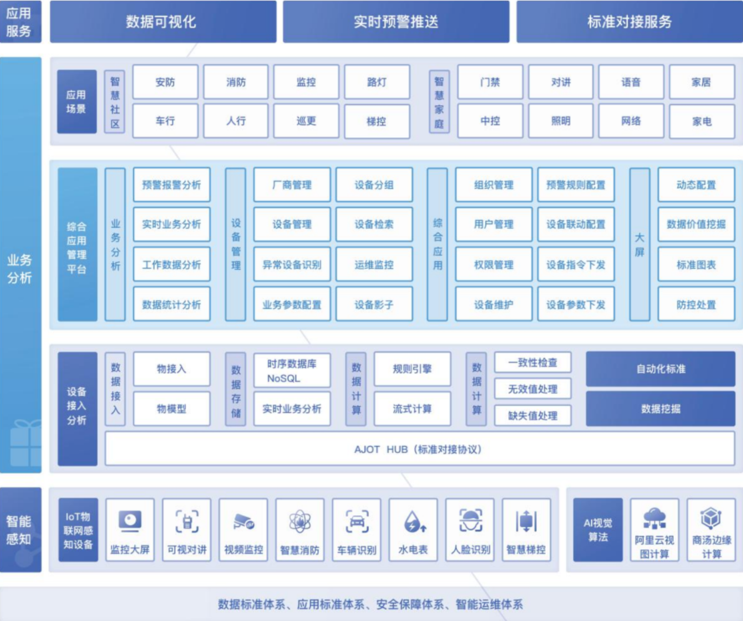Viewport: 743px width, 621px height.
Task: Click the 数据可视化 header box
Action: [x=163, y=22]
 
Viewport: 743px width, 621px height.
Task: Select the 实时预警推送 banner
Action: [x=396, y=22]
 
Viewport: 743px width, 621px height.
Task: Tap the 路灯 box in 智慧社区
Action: [x=377, y=82]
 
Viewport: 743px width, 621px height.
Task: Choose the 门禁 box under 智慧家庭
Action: [x=490, y=82]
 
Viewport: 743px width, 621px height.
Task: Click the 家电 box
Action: [x=701, y=122]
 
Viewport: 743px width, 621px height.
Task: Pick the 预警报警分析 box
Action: [x=172, y=185]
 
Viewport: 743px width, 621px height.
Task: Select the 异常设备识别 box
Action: [x=292, y=265]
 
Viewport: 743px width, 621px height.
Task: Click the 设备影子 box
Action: [x=374, y=305]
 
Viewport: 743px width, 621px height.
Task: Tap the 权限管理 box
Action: [x=493, y=265]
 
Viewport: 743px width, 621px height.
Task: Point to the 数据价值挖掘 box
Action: [x=696, y=224]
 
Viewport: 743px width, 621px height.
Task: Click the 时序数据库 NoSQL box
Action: [x=292, y=370]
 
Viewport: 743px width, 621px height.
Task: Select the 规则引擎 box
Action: [x=412, y=369]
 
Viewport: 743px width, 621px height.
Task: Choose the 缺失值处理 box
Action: [x=532, y=415]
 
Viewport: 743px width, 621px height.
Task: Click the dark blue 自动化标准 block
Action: [x=661, y=369]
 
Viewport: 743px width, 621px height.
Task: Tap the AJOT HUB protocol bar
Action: [x=420, y=449]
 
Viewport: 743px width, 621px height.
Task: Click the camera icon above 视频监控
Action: [x=244, y=522]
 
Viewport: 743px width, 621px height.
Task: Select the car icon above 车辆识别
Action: [x=357, y=522]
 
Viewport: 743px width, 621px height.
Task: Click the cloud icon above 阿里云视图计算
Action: [x=654, y=518]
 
